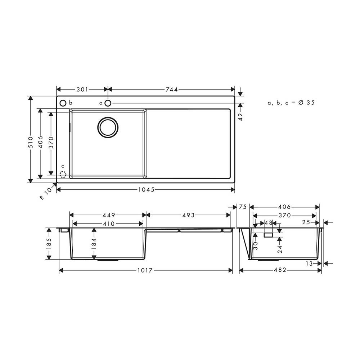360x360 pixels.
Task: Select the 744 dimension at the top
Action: pos(172,90)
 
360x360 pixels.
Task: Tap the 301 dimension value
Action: pos(82,90)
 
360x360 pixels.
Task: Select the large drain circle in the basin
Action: pos(107,127)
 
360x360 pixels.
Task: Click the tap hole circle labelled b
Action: pos(63,103)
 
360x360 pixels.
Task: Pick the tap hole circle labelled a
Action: pos(108,103)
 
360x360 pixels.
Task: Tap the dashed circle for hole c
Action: pos(63,175)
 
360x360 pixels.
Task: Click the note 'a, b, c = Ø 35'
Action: pos(291,103)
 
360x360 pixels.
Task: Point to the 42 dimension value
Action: pos(241,116)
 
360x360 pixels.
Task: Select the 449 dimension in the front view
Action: pos(108,215)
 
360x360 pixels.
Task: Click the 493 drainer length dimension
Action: pos(188,215)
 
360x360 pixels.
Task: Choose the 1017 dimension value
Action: pos(146,270)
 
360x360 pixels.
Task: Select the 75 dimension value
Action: pos(243,207)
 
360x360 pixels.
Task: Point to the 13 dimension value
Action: pos(309,264)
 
